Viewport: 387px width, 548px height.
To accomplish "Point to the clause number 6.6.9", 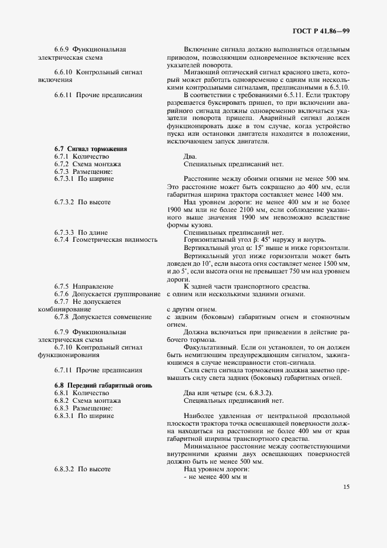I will click(x=62, y=49).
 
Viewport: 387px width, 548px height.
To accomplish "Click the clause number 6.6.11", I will click(x=64, y=95).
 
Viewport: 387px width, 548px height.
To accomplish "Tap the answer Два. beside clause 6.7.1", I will click(x=190, y=156).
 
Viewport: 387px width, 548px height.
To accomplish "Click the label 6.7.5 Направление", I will click(x=84, y=286).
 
